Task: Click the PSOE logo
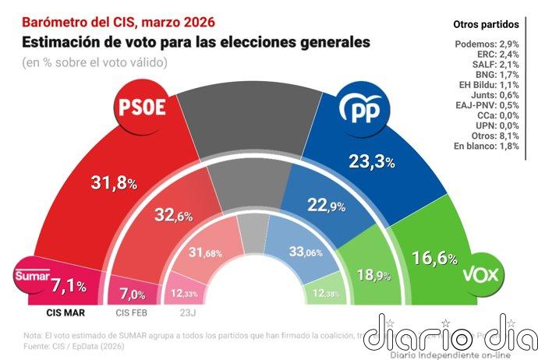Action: pyautogui.click(x=142, y=108)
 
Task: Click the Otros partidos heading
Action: pyautogui.click(x=494, y=25)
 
